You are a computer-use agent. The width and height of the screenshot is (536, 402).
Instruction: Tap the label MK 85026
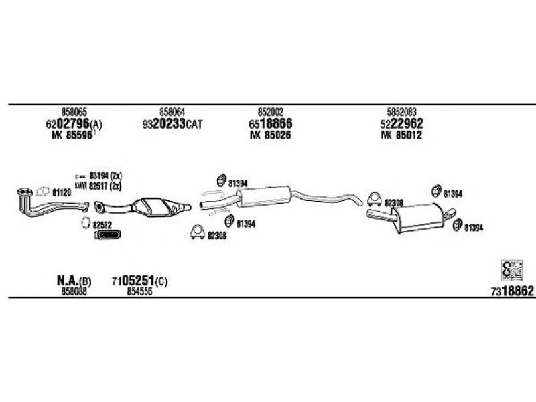270,135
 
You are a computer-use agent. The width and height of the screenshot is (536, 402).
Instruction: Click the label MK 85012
401,135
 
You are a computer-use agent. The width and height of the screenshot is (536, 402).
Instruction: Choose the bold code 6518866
270,124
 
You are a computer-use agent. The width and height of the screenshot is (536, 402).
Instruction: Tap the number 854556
139,291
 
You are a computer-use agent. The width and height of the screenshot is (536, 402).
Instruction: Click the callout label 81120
62,192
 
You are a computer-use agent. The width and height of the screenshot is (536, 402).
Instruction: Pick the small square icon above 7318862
510,269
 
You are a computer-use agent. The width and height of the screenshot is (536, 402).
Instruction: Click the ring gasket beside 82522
84,222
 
